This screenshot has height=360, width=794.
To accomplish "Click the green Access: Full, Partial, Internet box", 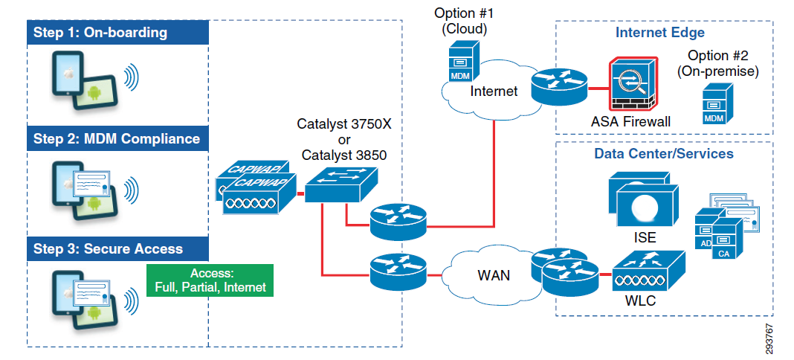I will pyautogui.click(x=210, y=280).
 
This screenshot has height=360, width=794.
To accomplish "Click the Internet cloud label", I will pyautogui.click(x=494, y=91).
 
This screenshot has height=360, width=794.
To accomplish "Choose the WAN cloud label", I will pyautogui.click(x=494, y=275).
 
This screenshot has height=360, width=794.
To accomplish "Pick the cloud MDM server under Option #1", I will pyautogui.click(x=461, y=62).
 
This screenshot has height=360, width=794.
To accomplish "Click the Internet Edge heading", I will pyautogui.click(x=660, y=33).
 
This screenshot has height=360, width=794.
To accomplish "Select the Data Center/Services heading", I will pyautogui.click(x=664, y=154).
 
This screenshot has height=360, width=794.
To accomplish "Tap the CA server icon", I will pyautogui.click(x=725, y=242).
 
